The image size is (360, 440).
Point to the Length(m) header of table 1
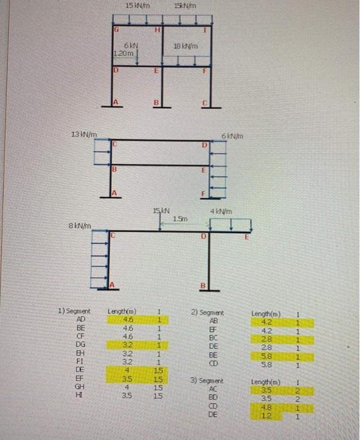[123, 311]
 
